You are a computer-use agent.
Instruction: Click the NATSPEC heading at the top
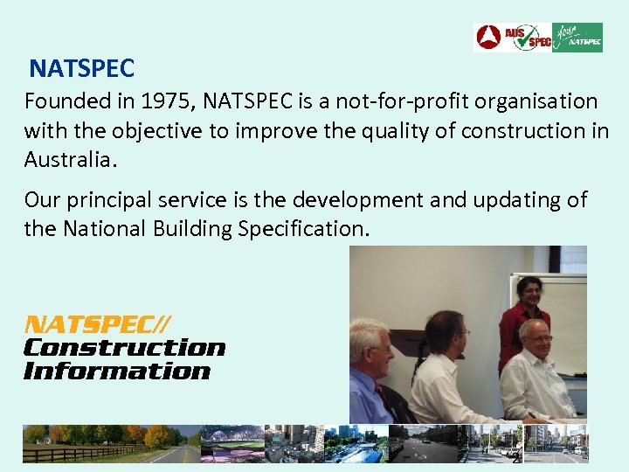pyautogui.click(x=81, y=67)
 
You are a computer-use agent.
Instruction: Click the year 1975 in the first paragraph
pyautogui.click(x=165, y=101)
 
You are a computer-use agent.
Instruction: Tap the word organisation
pyautogui.click(x=542, y=101)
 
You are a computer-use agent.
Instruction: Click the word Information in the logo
pyautogui.click(x=117, y=371)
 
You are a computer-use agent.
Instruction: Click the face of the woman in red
pyautogui.click(x=529, y=291)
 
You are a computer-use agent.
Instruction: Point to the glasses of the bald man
pyautogui.click(x=538, y=338)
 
